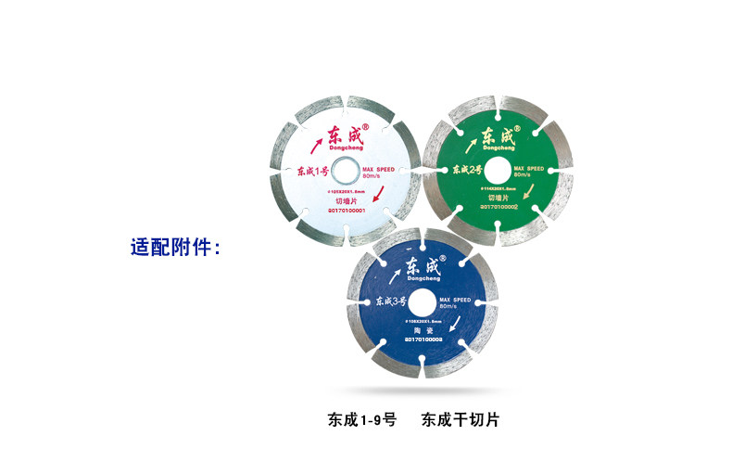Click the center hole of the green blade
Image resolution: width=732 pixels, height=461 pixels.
(495, 170)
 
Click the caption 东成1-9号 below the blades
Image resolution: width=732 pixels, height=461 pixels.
(361, 419)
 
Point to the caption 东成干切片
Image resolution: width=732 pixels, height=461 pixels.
(460, 419)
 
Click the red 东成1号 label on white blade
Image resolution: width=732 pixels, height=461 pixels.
(312, 171)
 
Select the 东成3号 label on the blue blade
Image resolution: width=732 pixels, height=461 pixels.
(390, 302)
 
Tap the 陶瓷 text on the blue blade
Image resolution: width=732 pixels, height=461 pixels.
(425, 331)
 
